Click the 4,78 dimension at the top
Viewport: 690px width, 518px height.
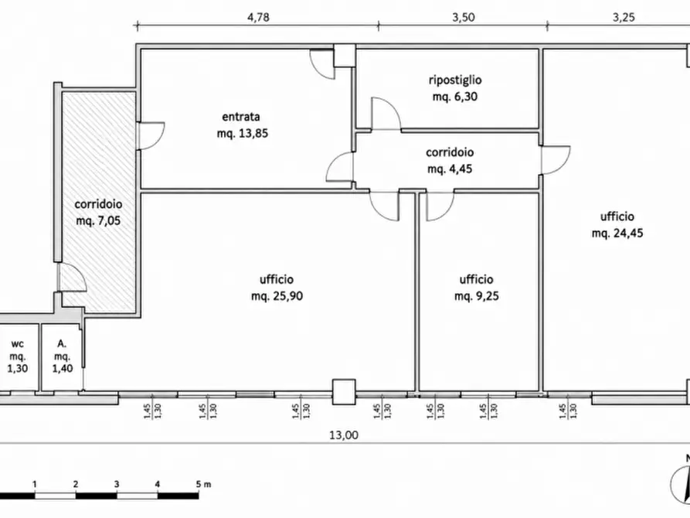(258, 17)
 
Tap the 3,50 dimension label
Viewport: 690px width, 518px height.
(464, 17)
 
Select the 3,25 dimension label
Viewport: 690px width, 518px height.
(624, 17)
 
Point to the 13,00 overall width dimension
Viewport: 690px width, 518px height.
(344, 435)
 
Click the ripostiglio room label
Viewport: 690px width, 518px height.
(455, 80)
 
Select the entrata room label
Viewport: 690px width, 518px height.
(241, 117)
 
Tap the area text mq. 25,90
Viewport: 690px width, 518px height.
(277, 296)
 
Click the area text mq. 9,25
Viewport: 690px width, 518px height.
(477, 296)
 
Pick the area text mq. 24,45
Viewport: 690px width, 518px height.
(617, 233)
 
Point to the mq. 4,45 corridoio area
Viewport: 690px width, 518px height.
(450, 169)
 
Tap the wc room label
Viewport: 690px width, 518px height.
(18, 343)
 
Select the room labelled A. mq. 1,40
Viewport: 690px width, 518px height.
(63, 356)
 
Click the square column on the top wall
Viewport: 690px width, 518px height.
(344, 56)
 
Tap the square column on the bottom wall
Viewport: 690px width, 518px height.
(344, 391)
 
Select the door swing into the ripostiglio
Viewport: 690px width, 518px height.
(386, 114)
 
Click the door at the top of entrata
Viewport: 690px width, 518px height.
(321, 64)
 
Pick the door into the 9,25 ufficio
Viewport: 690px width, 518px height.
(440, 206)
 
